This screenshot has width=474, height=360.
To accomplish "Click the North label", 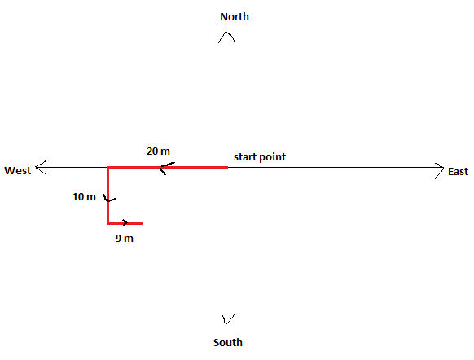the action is [x=235, y=17].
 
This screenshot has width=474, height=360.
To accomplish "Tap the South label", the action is [x=228, y=342].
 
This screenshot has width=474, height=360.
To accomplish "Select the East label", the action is [x=458, y=172].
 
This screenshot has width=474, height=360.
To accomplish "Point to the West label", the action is [x=18, y=171].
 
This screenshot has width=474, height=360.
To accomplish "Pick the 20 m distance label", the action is [x=158, y=151].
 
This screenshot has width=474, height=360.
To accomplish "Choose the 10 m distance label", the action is [x=84, y=197].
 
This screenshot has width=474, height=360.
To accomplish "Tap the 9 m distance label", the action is [x=125, y=239].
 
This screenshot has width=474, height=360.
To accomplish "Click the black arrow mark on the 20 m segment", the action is [x=167, y=168].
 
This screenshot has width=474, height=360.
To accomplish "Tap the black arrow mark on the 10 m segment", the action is [x=109, y=198].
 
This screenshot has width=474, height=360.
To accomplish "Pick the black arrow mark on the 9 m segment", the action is [x=125, y=222].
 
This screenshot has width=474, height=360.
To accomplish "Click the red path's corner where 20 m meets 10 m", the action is [x=108, y=167].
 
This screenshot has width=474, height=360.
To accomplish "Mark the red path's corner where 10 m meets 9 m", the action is [x=108, y=224].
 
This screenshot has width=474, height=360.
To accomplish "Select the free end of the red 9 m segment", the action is [x=142, y=224].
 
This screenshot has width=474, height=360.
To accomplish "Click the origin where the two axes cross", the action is [x=226, y=167].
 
